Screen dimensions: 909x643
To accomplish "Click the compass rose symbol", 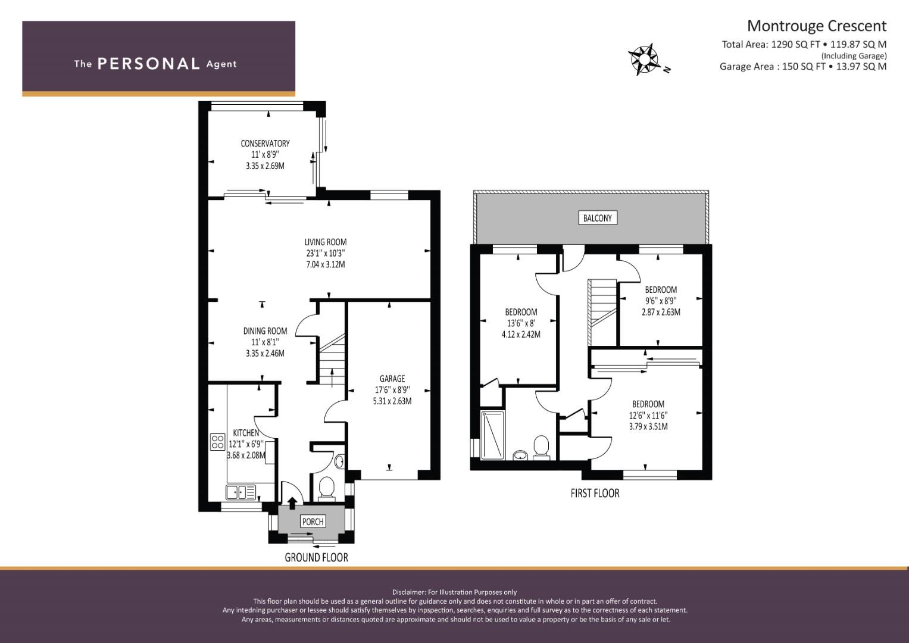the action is point(644,60).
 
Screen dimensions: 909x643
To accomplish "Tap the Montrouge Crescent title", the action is point(817,26).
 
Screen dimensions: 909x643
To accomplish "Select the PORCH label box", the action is point(313,522).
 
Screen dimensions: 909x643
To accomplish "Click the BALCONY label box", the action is point(597,218).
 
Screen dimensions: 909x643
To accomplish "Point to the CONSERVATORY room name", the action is point(265,143).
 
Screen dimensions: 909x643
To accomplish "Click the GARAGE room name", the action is point(392,379).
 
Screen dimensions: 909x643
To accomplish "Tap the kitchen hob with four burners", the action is point(218,442).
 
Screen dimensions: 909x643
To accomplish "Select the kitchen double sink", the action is point(241,492).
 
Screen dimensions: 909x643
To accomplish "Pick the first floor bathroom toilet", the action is point(541,448).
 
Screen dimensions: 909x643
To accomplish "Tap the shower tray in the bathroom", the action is point(493,435).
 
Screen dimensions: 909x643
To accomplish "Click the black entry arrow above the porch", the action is point(292,503).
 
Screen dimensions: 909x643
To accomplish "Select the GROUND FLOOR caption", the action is point(317,558).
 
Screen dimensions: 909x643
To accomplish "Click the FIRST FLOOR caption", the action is point(595,493).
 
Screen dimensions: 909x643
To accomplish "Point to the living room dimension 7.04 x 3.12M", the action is point(326,265).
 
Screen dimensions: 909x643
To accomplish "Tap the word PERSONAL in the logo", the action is point(149,64).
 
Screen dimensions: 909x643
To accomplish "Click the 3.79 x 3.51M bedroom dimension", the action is point(648,427).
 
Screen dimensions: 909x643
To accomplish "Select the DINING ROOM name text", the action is point(265,331).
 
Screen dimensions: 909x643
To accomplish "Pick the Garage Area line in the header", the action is point(803,67).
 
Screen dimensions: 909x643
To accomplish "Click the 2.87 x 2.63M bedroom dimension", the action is point(661,312).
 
